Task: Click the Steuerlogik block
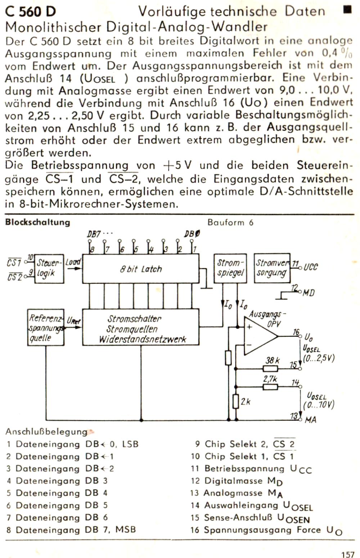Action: (49, 268)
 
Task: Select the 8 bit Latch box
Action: (141, 268)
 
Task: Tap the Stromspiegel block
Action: (230, 268)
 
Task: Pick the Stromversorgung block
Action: (272, 268)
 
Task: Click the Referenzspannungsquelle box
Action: (46, 327)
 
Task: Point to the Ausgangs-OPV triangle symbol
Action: (261, 336)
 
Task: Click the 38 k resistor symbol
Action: (271, 368)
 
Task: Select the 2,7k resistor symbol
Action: (270, 387)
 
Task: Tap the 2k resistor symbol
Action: (236, 401)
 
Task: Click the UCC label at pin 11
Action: (311, 267)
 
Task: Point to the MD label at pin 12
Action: (309, 293)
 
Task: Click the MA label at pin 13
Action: (310, 420)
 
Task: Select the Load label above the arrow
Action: (73, 262)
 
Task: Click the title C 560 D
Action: (30, 12)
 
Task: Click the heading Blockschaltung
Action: (37, 222)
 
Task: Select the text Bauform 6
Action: (230, 222)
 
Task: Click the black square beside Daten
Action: (347, 10)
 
